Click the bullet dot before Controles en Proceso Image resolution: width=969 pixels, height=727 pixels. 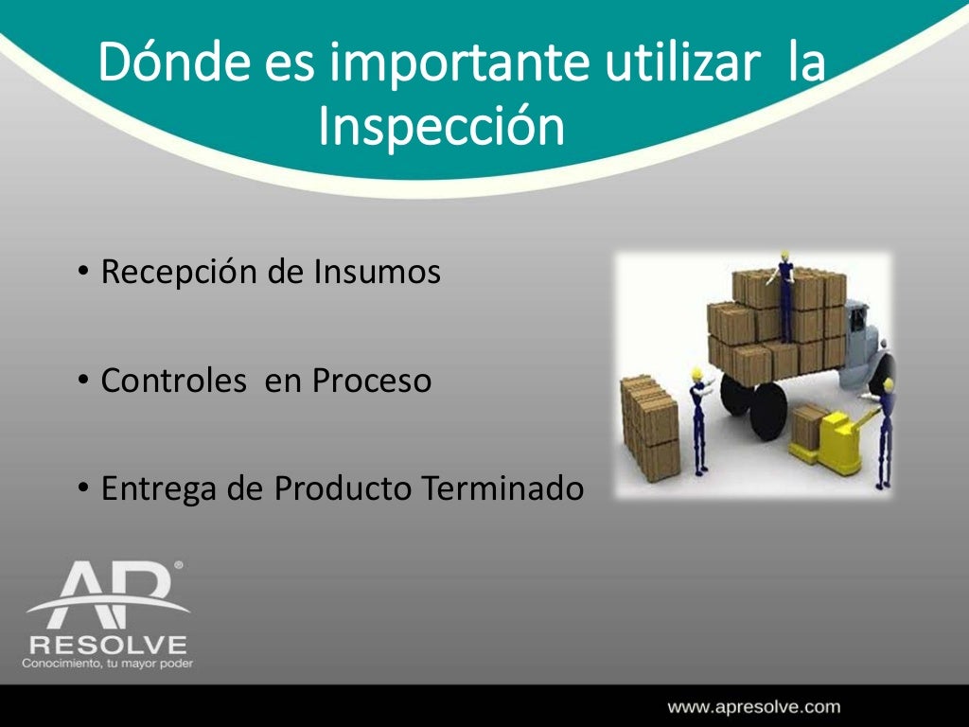tap(83, 381)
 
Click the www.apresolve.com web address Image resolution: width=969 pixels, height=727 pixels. tap(753, 706)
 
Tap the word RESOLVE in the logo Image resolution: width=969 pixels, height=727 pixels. tap(107, 645)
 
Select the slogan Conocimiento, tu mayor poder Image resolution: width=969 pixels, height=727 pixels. tap(107, 664)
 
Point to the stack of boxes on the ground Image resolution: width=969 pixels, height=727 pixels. tap(650, 425)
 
